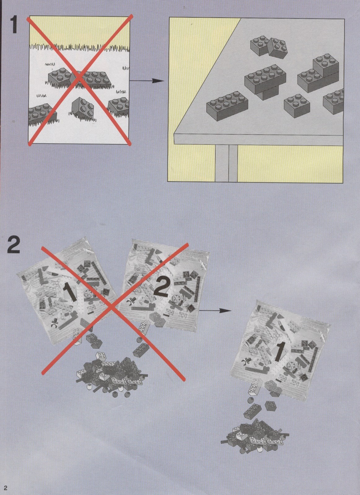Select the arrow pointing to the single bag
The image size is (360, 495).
point(215,310)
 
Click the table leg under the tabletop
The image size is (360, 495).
point(226,163)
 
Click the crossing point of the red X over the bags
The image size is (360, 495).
point(112,306)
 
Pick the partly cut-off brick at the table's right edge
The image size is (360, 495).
point(333,101)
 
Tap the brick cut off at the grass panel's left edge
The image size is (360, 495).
point(42,115)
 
